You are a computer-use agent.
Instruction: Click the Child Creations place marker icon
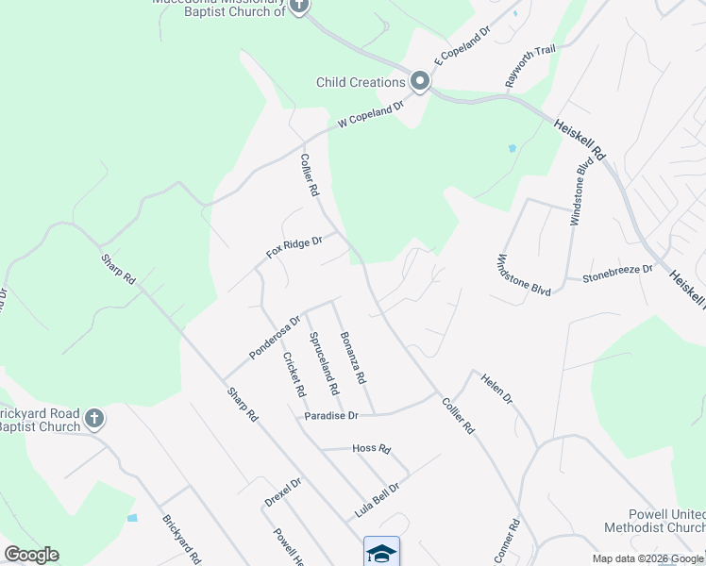[x=419, y=83]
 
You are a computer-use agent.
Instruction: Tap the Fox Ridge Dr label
[x=294, y=248]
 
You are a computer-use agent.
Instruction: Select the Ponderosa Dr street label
[x=274, y=337]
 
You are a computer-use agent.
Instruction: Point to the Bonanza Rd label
[x=352, y=359]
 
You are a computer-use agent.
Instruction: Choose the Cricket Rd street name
[x=294, y=375]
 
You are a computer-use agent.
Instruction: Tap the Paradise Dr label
[x=330, y=416]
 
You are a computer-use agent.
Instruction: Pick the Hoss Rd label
[x=371, y=449]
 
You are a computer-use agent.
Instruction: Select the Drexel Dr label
[x=282, y=492]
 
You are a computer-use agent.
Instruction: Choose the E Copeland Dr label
[x=463, y=45]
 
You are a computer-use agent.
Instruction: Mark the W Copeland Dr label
[x=371, y=113]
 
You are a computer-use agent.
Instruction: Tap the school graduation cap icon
[x=381, y=552]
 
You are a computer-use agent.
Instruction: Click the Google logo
[x=31, y=555]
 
